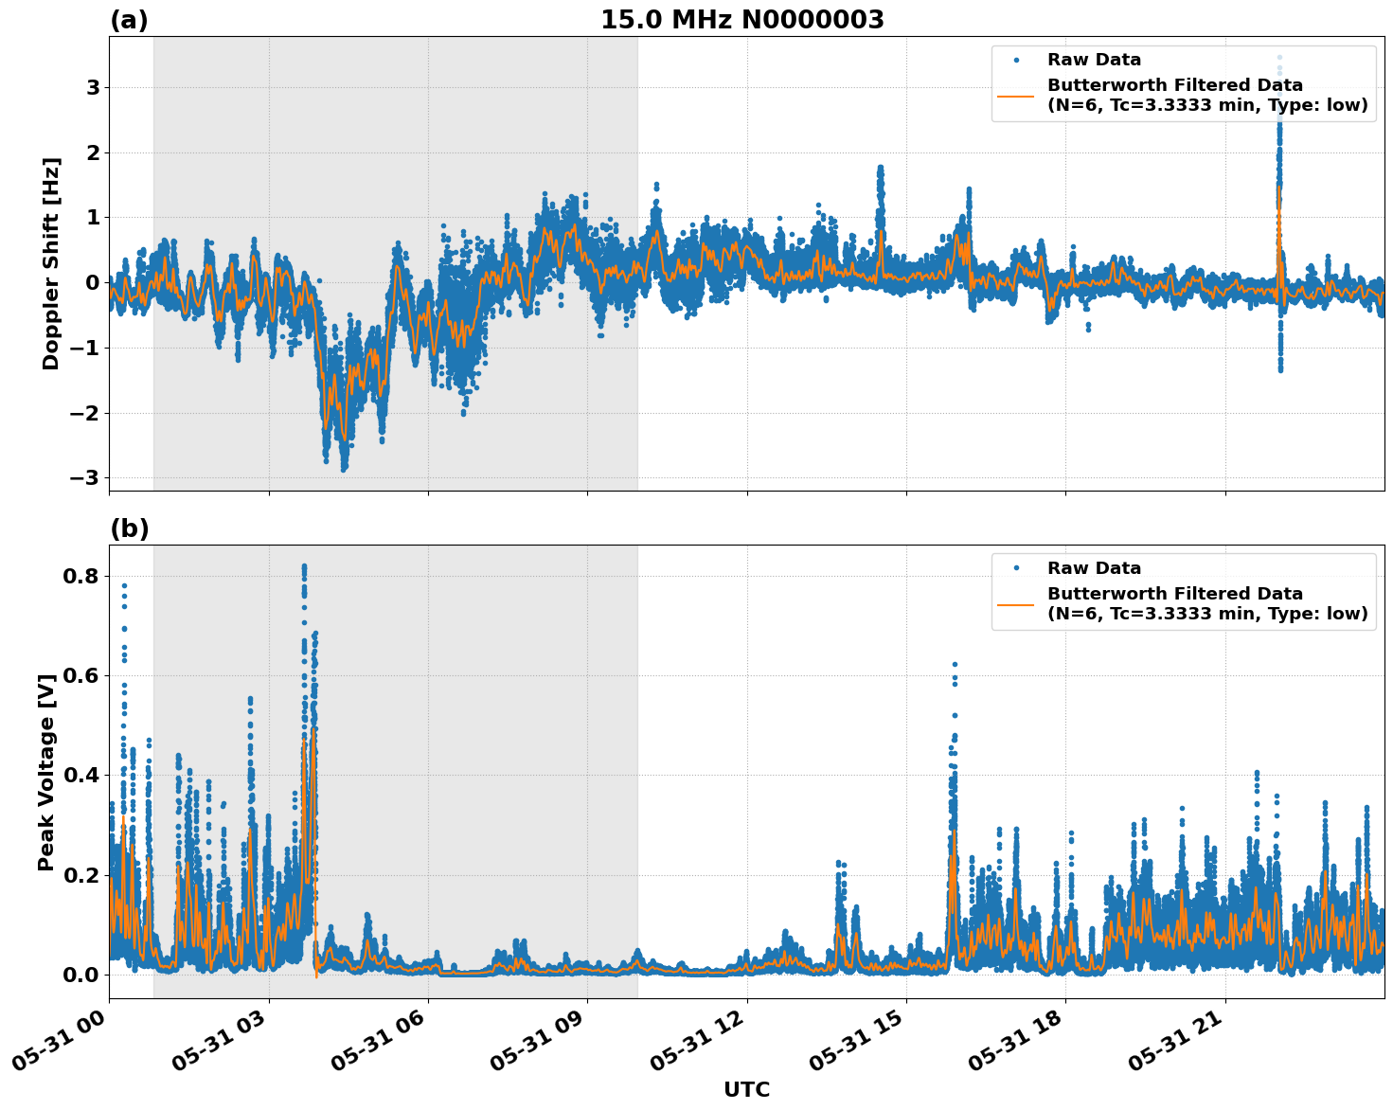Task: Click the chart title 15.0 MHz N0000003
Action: pyautogui.click(x=741, y=20)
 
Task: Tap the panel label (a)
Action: pyautogui.click(x=129, y=20)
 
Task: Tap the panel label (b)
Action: pyautogui.click(x=129, y=528)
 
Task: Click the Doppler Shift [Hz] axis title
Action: pyautogui.click(x=51, y=263)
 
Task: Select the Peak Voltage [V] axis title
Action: pyautogui.click(x=46, y=772)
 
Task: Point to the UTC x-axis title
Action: pyautogui.click(x=746, y=1089)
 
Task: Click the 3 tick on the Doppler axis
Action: pyautogui.click(x=93, y=88)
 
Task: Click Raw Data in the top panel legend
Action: pyautogui.click(x=1094, y=60)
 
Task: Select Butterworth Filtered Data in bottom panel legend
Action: pyautogui.click(x=1174, y=594)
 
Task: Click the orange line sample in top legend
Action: pyautogui.click(x=1016, y=95)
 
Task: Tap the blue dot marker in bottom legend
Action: pyautogui.click(x=1016, y=568)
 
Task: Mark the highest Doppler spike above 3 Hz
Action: pyautogui.click(x=1279, y=58)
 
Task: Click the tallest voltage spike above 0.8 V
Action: pyautogui.click(x=304, y=566)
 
